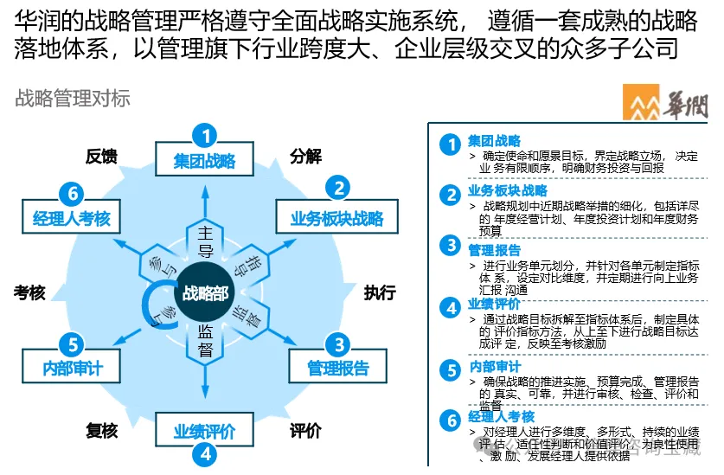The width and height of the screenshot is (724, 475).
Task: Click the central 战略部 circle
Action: coord(205,292)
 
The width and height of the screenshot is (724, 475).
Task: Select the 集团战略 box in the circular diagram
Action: coord(204,160)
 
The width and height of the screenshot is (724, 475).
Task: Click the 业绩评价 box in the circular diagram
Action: coord(204,431)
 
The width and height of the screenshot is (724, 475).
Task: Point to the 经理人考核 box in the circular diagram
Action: coord(72,218)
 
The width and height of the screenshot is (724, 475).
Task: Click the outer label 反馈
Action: coord(101,157)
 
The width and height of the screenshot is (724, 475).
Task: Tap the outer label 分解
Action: coord(305,156)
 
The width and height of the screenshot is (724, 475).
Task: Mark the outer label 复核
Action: coord(101,430)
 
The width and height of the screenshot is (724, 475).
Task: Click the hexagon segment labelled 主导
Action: coord(205,241)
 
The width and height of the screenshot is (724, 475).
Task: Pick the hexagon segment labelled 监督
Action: coord(205,339)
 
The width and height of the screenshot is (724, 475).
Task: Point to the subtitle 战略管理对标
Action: coord(72,98)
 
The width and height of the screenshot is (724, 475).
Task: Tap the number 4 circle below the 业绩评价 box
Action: coord(204,453)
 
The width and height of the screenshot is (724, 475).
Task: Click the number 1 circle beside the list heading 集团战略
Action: coord(449,144)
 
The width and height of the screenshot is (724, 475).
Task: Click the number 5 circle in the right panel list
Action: coord(449,370)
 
